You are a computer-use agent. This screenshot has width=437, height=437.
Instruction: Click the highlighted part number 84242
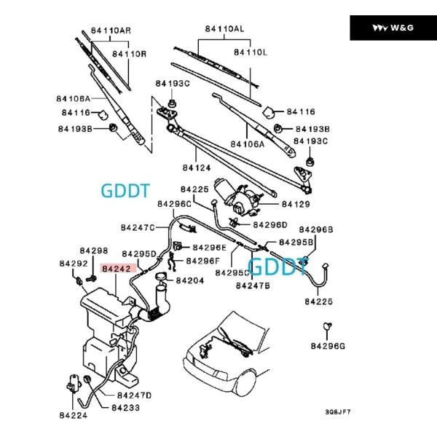(x=117, y=269)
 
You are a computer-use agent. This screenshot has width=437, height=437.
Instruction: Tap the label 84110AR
(x=111, y=31)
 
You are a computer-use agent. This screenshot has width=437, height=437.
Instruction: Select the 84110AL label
(x=224, y=28)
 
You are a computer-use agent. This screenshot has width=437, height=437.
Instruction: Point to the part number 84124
(x=197, y=168)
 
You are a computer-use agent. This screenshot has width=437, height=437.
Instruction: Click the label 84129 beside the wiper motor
(x=296, y=204)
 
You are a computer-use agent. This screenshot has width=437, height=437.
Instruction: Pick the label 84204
(x=190, y=280)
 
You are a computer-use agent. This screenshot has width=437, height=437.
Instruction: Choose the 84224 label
(x=74, y=415)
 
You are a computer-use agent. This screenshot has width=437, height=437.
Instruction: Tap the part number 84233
(x=126, y=408)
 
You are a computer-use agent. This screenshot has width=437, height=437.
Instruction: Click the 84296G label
(x=328, y=346)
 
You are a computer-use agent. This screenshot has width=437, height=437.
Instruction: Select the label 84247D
(x=134, y=395)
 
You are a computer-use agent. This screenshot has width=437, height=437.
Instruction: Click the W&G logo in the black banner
(x=393, y=28)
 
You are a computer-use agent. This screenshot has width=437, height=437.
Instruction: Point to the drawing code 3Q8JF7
(x=338, y=412)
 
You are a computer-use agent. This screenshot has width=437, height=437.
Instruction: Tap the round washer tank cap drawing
(x=161, y=277)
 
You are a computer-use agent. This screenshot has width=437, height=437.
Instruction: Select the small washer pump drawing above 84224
(x=74, y=383)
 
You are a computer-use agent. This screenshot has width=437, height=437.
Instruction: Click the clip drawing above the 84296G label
(x=328, y=326)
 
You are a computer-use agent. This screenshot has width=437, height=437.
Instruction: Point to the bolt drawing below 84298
(x=91, y=278)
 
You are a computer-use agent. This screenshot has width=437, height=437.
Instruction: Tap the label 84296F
(x=203, y=261)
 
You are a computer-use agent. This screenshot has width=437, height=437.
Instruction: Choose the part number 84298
(x=94, y=251)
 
